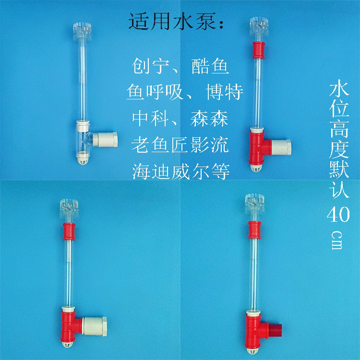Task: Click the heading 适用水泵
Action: (x=177, y=22)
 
